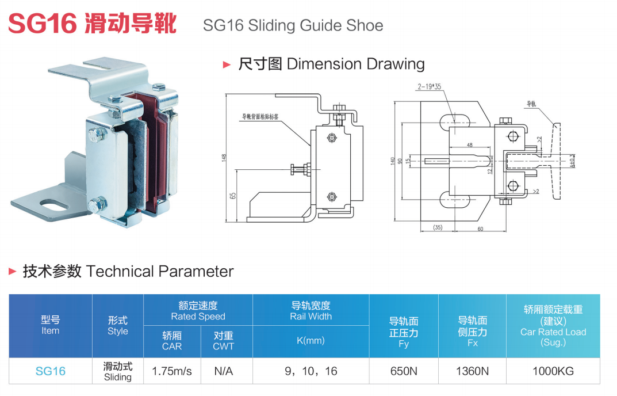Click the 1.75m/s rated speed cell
pos(172,371)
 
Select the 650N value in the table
pos(404,371)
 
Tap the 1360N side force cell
pos(472,371)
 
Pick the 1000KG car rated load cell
pos(553,371)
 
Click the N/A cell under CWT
pos(223,371)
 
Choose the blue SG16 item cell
pos(51,371)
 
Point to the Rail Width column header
pos(311,311)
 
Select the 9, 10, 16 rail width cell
pos(311,371)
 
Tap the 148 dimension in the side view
pos(224,157)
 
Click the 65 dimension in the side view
pos(233,196)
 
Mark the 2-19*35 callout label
pos(429,87)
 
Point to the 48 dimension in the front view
pos(469,145)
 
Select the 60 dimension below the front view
pos(480,229)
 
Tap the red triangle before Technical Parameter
pos(13,271)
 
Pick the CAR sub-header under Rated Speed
pos(172,341)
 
